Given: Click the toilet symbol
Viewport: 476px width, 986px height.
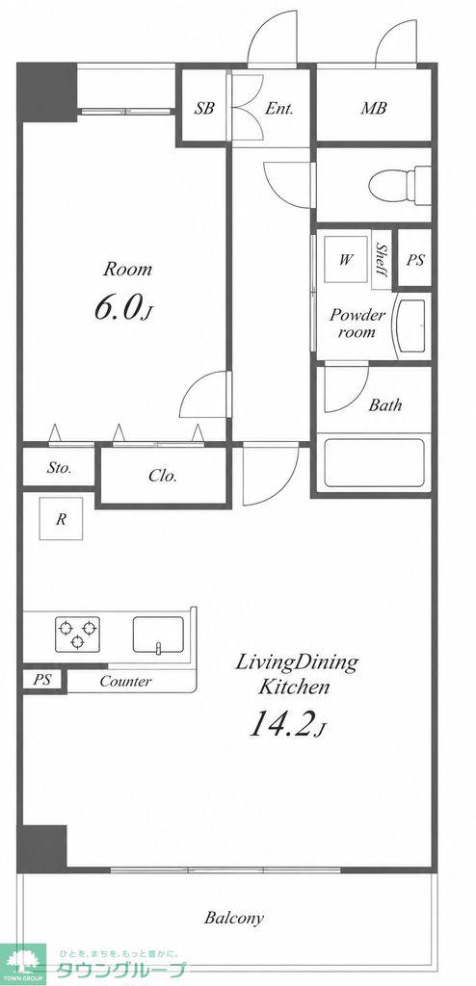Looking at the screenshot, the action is (x=401, y=185).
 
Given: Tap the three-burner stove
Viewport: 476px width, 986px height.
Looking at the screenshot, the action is (x=77, y=634).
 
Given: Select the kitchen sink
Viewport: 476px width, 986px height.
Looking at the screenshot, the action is (x=159, y=636).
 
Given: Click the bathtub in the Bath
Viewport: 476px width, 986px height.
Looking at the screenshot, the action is (x=374, y=463).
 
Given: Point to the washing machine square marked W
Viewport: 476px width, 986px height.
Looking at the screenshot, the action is (x=346, y=260).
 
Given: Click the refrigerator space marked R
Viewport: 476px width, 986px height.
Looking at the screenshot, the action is (x=61, y=518).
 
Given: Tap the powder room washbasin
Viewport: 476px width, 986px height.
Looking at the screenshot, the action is (x=411, y=326).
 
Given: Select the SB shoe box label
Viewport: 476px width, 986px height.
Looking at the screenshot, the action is (x=204, y=108).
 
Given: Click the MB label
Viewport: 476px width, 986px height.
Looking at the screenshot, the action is (x=373, y=108).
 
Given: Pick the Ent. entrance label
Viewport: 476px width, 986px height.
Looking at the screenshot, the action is (x=278, y=108).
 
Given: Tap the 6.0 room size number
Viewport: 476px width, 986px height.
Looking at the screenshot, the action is (x=118, y=309).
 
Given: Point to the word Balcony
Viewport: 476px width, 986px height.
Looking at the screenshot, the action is (x=233, y=918).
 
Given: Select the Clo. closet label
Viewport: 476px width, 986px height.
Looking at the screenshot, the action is (x=163, y=476).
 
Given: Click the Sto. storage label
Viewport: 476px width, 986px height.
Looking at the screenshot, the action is (x=59, y=468).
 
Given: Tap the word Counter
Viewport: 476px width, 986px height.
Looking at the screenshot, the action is (x=126, y=681).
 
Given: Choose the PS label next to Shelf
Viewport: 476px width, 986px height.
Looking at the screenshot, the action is (x=415, y=260).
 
